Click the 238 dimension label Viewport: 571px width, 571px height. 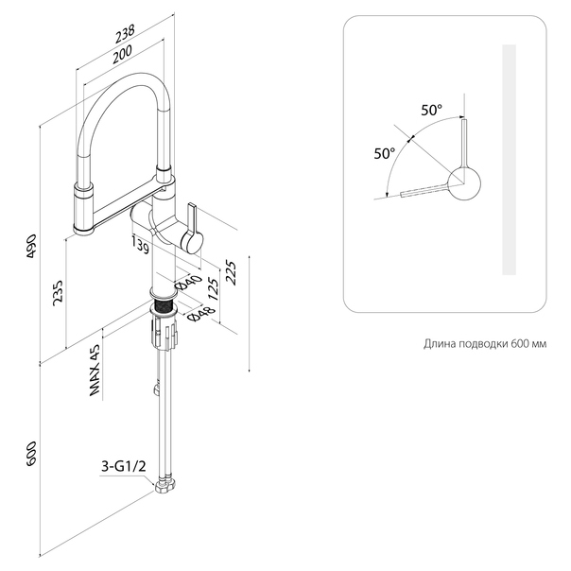point(126,33)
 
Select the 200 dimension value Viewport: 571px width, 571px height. point(122,54)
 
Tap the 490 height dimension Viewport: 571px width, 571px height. point(32,246)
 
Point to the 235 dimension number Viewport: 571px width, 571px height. point(59,293)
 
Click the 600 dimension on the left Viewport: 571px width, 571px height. point(32,454)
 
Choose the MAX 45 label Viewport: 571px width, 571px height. point(95,370)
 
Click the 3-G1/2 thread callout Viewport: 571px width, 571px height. point(123,466)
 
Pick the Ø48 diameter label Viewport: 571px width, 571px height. point(201,313)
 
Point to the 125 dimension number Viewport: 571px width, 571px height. point(214,289)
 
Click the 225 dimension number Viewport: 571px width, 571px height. point(231,272)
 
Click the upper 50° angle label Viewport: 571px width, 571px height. point(432,110)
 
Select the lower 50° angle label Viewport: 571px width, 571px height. point(385,153)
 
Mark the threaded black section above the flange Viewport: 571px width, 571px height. point(163,304)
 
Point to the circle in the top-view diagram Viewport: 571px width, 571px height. point(464,183)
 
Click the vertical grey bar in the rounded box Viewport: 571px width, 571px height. point(510,160)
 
